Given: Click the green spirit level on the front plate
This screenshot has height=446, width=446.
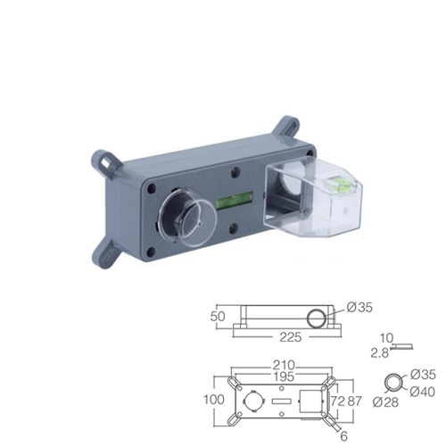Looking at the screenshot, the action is (235, 200).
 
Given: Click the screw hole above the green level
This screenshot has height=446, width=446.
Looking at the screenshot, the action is (235, 170).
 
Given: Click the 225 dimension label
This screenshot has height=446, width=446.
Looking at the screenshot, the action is (290, 337).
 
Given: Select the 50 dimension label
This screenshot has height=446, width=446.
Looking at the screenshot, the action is (218, 317).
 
